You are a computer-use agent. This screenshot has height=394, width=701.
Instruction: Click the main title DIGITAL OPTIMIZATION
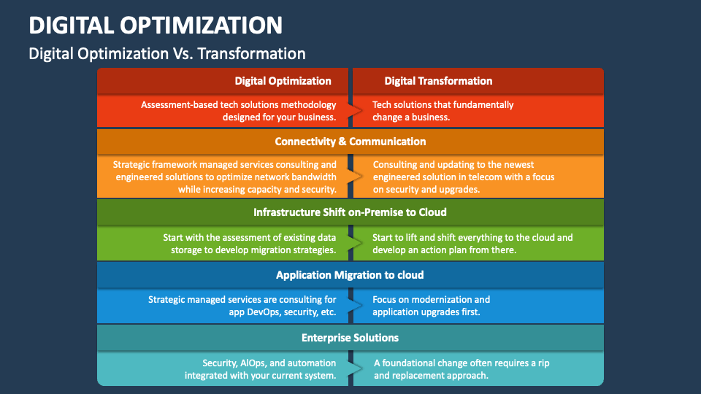pyautogui.click(x=156, y=25)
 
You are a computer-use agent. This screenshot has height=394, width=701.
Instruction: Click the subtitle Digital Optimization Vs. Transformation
pyautogui.click(x=166, y=53)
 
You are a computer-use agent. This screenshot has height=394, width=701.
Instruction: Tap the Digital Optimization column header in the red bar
pyautogui.click(x=283, y=81)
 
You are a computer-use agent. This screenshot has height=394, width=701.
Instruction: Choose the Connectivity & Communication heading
pyautogui.click(x=350, y=142)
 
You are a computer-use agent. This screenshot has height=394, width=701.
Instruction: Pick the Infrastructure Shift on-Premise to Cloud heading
pyautogui.click(x=350, y=212)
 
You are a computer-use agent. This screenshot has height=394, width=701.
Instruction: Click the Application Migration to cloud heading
pyautogui.click(x=350, y=275)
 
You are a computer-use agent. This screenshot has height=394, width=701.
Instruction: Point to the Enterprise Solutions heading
pyautogui.click(x=350, y=338)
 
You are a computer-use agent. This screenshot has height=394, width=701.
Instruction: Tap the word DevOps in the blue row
pyautogui.click(x=258, y=312)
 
